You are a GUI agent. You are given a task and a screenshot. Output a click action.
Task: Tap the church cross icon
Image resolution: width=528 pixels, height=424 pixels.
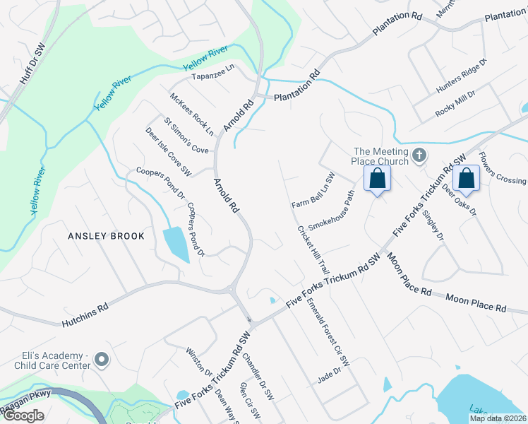pyautogui.click(x=419, y=154)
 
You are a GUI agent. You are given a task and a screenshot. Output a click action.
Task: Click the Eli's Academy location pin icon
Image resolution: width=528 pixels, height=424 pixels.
pyautogui.click(x=102, y=360)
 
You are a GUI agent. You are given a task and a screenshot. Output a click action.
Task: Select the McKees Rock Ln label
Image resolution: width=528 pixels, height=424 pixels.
pyautogui.click(x=191, y=114)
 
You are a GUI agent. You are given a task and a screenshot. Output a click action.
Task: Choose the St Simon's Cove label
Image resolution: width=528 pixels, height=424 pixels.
pyautogui.click(x=186, y=135)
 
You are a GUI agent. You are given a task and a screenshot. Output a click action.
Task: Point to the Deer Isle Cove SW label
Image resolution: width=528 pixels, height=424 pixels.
pyautogui.click(x=169, y=151)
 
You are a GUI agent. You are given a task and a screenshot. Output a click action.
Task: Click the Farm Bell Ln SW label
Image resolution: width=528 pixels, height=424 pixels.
pyautogui.click(x=313, y=190)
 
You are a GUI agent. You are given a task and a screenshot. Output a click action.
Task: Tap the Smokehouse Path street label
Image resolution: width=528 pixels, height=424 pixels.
pyautogui.click(x=330, y=208)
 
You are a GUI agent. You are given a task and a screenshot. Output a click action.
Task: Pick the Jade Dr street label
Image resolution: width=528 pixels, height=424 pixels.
pyautogui.click(x=330, y=375)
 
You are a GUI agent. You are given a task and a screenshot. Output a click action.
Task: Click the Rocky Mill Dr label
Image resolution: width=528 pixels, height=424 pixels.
pyautogui.click(x=455, y=92)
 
